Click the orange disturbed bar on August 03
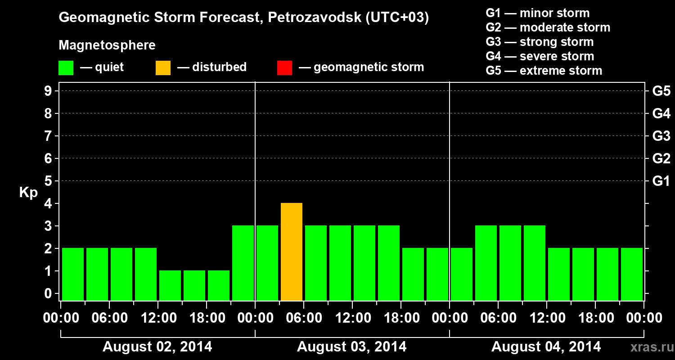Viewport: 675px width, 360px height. [292, 252]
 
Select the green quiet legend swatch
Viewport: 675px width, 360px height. [66, 68]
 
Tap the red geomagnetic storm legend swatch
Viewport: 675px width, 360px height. [285, 68]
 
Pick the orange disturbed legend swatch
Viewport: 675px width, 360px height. [163, 68]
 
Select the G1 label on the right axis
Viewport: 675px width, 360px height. [661, 181]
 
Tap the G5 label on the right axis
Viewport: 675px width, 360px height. [661, 91]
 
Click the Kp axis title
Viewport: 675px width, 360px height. [28, 193]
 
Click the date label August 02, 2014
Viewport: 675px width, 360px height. [157, 347]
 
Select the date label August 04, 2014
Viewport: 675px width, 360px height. [546, 347]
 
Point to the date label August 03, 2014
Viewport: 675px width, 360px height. [351, 347]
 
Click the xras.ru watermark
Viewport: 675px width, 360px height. [648, 347]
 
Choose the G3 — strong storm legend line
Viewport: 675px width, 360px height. [540, 42]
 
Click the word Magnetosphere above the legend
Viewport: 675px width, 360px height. [107, 45]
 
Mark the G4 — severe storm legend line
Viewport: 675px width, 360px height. [540, 56]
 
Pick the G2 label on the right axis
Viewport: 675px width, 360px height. [661, 159]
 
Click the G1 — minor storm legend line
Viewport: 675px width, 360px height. [538, 13]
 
